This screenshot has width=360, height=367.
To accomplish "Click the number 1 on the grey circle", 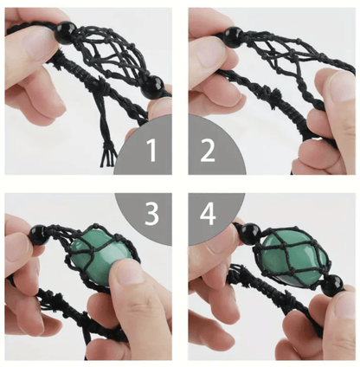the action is click(x=151, y=150).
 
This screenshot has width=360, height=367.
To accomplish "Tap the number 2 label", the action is click(x=208, y=150).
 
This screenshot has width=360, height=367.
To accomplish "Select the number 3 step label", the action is click(x=151, y=214).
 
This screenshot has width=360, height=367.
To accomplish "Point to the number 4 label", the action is click(x=208, y=214).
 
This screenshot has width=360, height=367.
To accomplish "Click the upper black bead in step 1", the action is click(x=65, y=33).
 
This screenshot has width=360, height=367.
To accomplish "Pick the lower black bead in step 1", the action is click(x=153, y=87).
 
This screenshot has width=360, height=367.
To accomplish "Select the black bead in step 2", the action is click(x=233, y=37).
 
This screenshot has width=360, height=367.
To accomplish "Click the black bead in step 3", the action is click(x=40, y=235).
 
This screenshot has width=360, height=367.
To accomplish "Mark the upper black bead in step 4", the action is click(x=250, y=234).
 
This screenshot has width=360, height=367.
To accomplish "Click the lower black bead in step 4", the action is click(x=332, y=286).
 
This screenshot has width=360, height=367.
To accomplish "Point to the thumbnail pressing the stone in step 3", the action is click(x=129, y=271).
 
